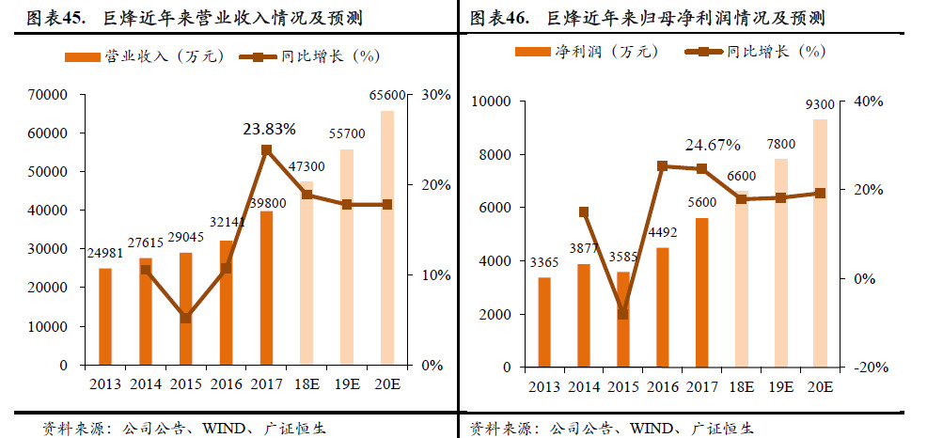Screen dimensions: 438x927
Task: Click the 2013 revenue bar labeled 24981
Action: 104,317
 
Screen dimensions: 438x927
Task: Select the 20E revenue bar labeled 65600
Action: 386,238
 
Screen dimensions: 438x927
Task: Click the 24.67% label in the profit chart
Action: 713,145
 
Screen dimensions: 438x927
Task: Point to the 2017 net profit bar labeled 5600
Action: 701,292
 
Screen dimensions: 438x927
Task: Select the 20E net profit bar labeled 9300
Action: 820,243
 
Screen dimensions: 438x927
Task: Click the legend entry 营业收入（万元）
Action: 143,56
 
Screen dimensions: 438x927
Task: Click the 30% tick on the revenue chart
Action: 437,95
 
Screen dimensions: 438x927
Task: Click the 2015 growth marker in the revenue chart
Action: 185,318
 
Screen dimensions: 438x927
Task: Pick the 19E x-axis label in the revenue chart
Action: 346,384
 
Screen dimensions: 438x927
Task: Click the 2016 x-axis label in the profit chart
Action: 662,386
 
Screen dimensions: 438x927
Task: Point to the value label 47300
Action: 306,166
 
